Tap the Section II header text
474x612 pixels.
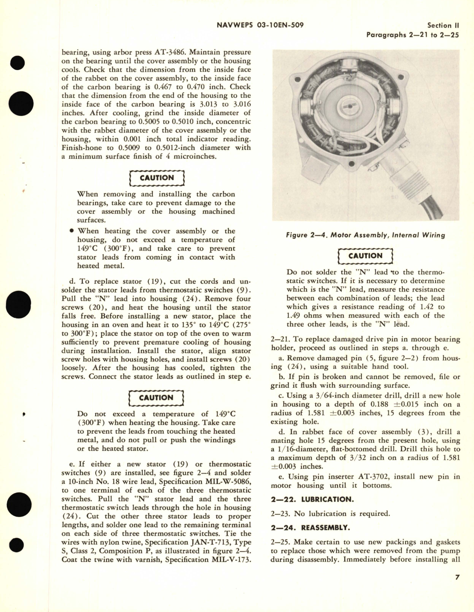click(x=443, y=25)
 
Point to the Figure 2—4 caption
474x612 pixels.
click(x=365, y=235)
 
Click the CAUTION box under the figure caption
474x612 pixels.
click(x=365, y=256)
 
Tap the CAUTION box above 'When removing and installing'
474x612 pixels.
click(x=157, y=178)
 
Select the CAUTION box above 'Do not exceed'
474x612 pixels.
click(x=156, y=398)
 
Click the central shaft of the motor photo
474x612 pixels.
click(x=348, y=105)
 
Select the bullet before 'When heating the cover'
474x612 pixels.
click(x=72, y=231)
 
